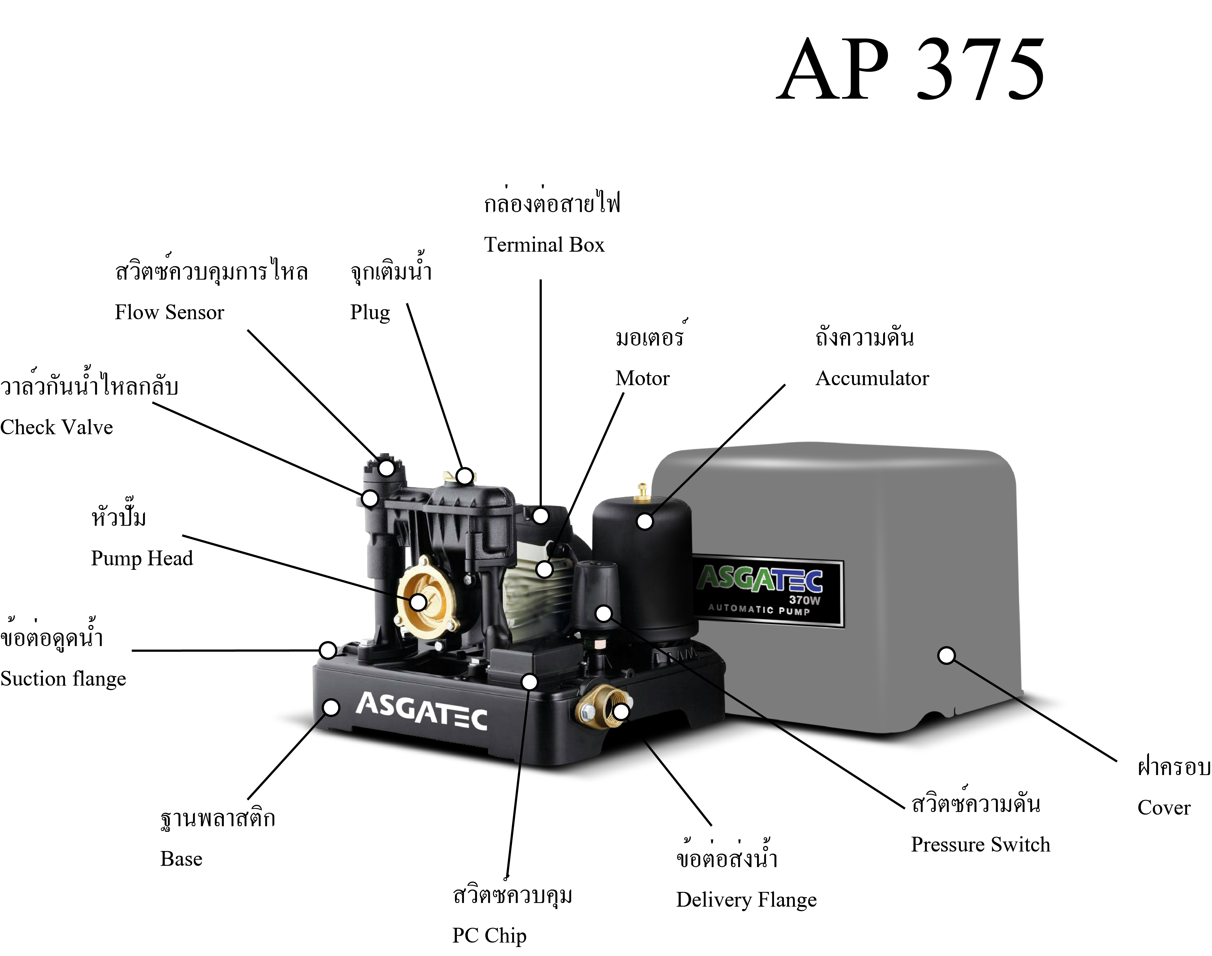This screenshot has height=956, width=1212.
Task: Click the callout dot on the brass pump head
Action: click(418, 602)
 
